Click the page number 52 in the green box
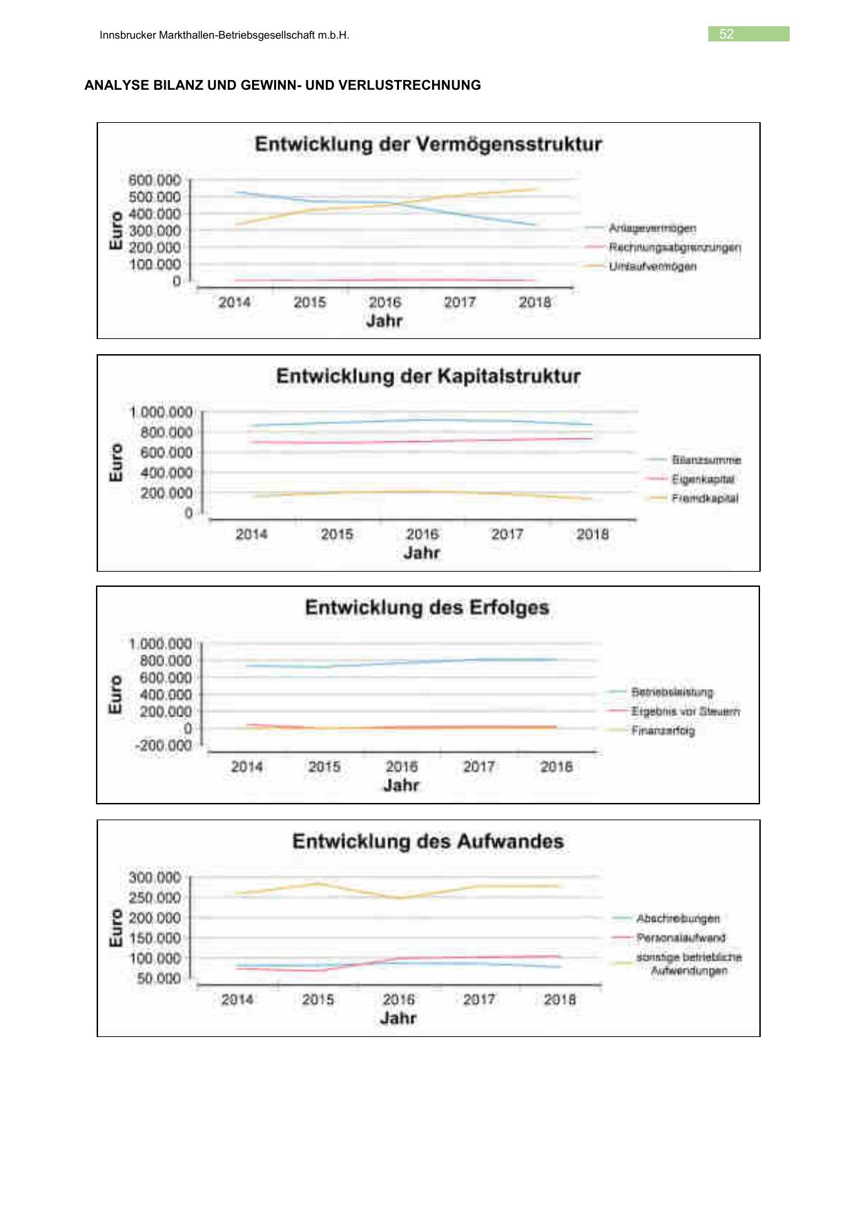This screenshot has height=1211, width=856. click(726, 35)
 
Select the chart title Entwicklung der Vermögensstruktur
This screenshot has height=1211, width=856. click(428, 144)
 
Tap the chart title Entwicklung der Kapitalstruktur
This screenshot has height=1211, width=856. click(428, 376)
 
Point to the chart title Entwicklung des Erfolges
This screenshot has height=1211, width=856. click(427, 608)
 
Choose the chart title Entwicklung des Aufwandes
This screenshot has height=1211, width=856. click(428, 842)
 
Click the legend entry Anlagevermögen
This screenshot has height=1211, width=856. click(652, 229)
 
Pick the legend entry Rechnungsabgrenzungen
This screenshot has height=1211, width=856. click(674, 247)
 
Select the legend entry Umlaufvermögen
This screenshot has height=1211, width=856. click(652, 267)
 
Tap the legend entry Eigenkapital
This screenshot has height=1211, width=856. click(703, 479)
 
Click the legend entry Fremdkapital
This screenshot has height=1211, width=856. click(704, 498)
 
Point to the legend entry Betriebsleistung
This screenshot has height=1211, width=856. click(672, 692)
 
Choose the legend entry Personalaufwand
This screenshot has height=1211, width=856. click(681, 938)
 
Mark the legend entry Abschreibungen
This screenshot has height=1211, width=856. click(677, 918)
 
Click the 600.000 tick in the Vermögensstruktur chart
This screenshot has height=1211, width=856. click(154, 180)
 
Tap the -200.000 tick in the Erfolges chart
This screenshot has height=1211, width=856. click(163, 746)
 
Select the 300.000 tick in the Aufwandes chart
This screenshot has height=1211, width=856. click(154, 878)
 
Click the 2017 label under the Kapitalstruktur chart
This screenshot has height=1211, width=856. click(507, 534)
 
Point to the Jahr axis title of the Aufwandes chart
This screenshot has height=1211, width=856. click(398, 1018)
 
